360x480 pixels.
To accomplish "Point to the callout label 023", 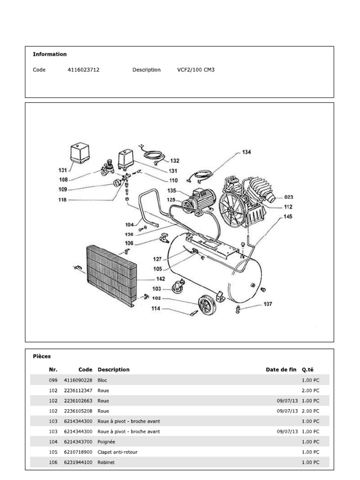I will pyautogui.click(x=289, y=197).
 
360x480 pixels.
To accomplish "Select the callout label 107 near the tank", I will pyautogui.click(x=268, y=304).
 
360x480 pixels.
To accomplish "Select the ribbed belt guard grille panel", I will pyautogui.click(x=111, y=274).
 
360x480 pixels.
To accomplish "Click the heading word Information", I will pyautogui.click(x=50, y=54).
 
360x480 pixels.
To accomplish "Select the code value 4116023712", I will pyautogui.click(x=83, y=70).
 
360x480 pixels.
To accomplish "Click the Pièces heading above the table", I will pyautogui.click(x=42, y=356).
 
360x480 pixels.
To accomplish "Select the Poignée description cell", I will pyautogui.click(x=106, y=442).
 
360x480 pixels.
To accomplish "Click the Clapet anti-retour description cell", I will pyautogui.click(x=117, y=452).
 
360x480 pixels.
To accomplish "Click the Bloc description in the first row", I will pyautogui.click(x=102, y=380).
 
